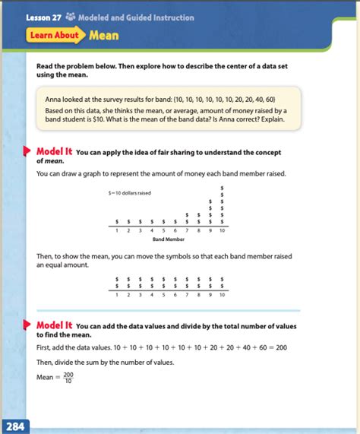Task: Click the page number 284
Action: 16,426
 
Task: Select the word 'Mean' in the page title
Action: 103,35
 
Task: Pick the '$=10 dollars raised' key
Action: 129,192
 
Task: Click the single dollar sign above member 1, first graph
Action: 116,222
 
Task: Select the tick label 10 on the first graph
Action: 222,230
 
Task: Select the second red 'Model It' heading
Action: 54,325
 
